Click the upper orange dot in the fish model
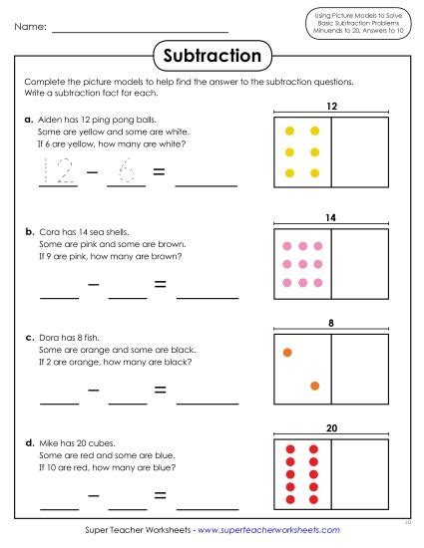click(x=287, y=352)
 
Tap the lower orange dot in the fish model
click(x=314, y=386)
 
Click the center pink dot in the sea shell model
click(x=301, y=264)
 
